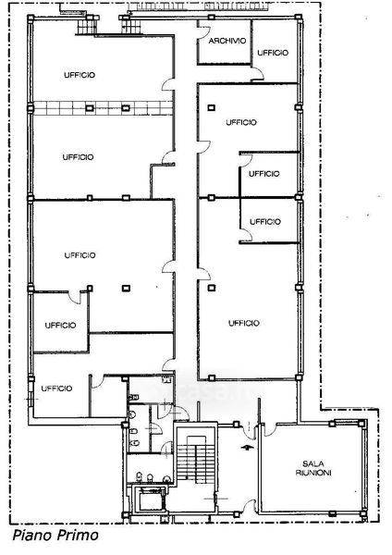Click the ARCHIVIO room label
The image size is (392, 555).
pyautogui.click(x=227, y=41)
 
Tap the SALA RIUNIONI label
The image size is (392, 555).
pyautogui.click(x=313, y=468)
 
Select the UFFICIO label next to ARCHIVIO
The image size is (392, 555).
pyautogui.click(x=273, y=53)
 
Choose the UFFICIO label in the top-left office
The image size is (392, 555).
pyautogui.click(x=80, y=75)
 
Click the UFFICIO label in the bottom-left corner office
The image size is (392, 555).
pyautogui.click(x=56, y=388)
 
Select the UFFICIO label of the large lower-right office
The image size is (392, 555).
pyautogui.click(x=244, y=323)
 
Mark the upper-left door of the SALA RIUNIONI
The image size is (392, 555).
pyautogui.click(x=270, y=429)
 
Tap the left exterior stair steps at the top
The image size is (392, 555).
pyautogui.click(x=86, y=26)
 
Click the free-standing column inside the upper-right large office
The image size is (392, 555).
pyautogui.click(x=211, y=107)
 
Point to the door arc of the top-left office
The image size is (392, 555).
pyautogui.click(x=167, y=84)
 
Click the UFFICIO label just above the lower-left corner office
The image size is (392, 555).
pyautogui.click(x=60, y=326)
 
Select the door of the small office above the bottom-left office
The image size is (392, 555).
pyautogui.click(x=75, y=297)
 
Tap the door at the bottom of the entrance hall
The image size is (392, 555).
pyautogui.click(x=249, y=506)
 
